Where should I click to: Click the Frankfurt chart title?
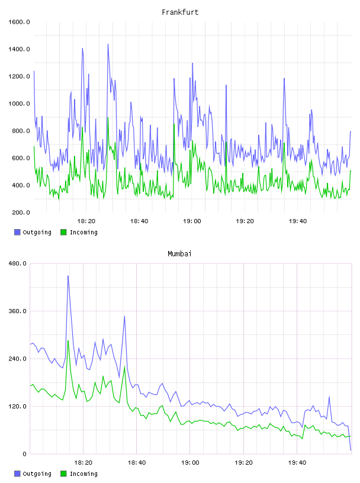(180, 12)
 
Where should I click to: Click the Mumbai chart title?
(179, 254)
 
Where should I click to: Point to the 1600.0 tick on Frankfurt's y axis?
(19, 22)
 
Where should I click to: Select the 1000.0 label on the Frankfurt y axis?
(19, 104)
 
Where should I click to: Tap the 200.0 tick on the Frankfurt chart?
(21, 212)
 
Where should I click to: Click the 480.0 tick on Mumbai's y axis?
(17, 263)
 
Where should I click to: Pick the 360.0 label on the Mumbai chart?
(17, 311)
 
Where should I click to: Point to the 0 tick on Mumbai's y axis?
(25, 454)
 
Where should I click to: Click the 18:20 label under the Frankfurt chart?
(86, 221)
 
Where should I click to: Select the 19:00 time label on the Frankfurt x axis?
(192, 221)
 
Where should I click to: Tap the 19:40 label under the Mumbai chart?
(297, 463)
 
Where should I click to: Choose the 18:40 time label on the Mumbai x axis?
(137, 463)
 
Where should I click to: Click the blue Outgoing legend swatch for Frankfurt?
(17, 232)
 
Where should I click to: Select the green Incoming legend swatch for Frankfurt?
(63, 232)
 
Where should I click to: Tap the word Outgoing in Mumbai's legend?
(37, 474)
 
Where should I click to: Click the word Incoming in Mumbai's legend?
(83, 474)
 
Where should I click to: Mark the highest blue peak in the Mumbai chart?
(68, 276)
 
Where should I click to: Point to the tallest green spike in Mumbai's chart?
(68, 341)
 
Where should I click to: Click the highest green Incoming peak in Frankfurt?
(108, 118)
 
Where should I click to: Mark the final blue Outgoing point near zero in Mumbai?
(351, 450)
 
